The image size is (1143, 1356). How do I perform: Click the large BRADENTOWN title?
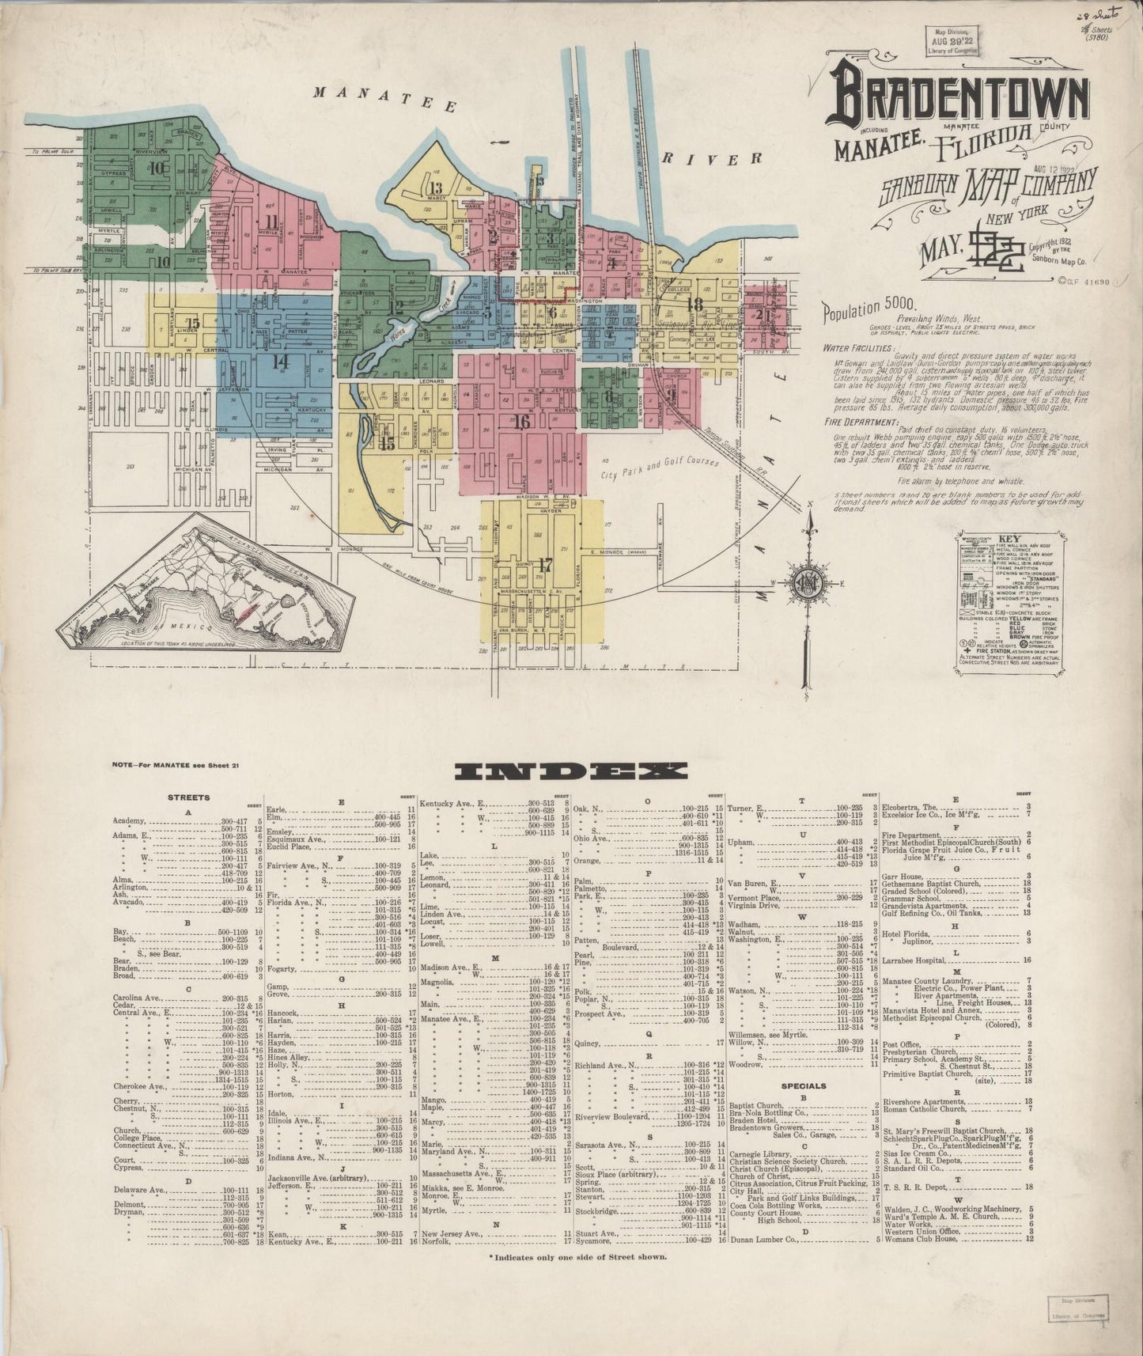(960, 100)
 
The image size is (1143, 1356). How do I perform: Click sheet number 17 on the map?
(544, 565)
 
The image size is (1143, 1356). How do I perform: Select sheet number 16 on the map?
(521, 422)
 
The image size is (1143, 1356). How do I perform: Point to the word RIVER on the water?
(712, 159)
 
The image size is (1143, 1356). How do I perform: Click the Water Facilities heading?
(858, 347)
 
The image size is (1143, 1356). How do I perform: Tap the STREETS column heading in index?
(188, 797)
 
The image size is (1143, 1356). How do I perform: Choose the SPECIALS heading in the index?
(805, 1086)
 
